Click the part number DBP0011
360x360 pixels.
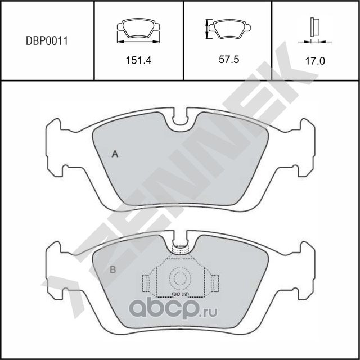(47, 40)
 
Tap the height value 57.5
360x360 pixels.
(228, 60)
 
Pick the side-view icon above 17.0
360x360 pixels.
(314, 29)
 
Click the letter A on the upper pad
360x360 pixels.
(115, 154)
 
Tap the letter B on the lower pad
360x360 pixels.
(112, 269)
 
